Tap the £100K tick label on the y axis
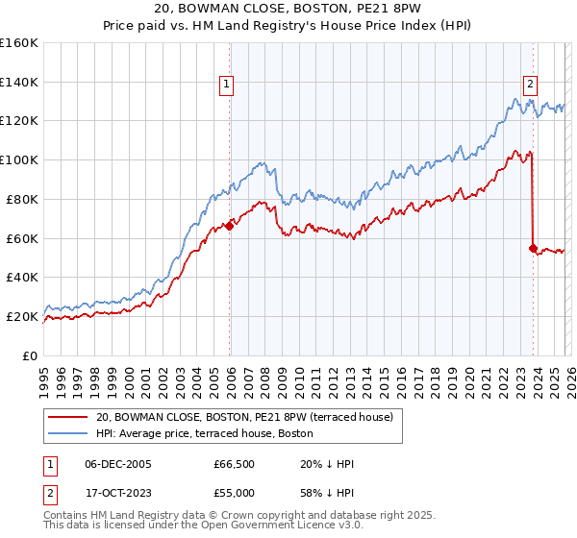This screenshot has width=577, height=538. click(18, 159)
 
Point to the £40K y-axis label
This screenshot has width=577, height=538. click(21, 277)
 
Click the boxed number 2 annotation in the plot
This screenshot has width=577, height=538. click(530, 84)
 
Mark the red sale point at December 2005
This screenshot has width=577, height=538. click(230, 226)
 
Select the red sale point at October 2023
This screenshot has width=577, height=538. click(533, 248)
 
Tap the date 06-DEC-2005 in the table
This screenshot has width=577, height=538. click(117, 464)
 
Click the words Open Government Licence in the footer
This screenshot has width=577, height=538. click(270, 526)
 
